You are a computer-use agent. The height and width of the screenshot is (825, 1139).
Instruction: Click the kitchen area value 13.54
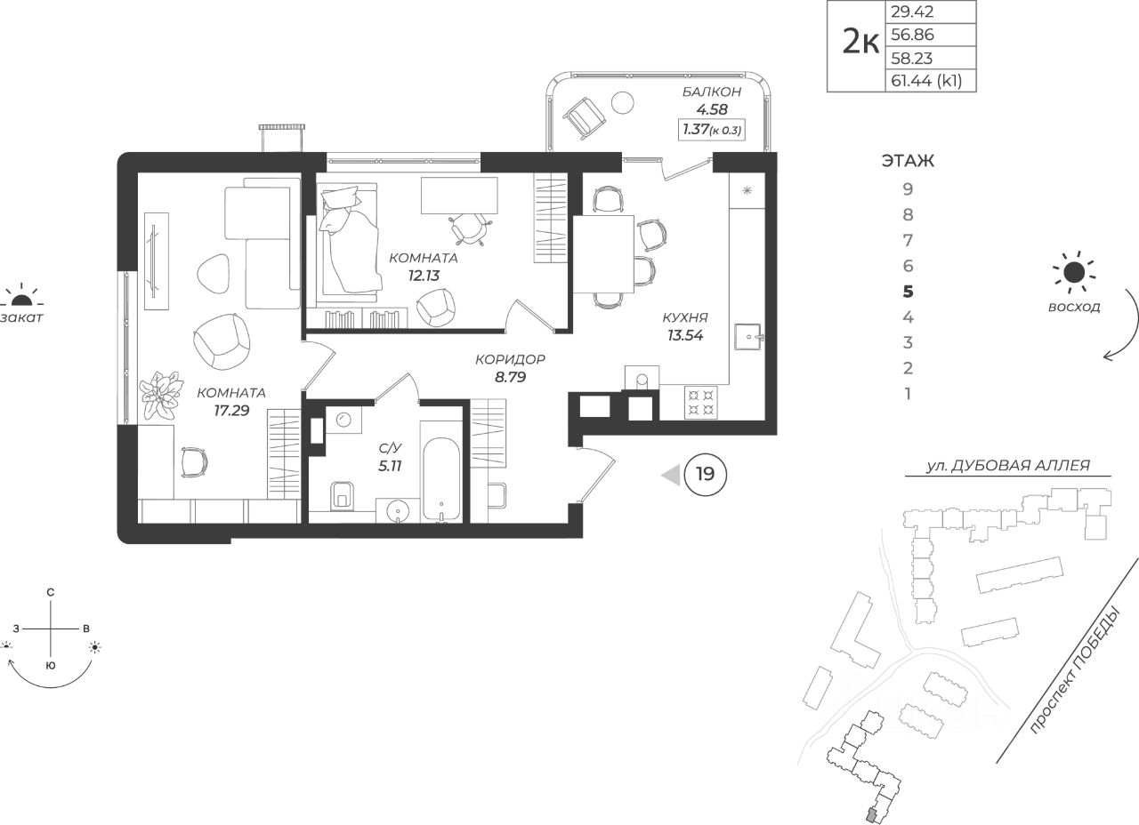[685, 335]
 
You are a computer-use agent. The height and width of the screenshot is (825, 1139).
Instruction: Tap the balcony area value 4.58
[712, 109]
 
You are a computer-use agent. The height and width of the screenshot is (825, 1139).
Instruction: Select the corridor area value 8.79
[510, 377]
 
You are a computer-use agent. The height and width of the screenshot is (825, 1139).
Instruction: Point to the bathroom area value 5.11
[390, 465]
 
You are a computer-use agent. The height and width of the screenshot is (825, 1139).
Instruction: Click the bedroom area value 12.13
[424, 276]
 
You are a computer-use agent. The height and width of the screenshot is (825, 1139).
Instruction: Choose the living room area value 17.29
[231, 411]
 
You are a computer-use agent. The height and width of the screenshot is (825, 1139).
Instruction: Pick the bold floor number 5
[908, 291]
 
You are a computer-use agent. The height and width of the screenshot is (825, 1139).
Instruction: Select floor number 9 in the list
[908, 189]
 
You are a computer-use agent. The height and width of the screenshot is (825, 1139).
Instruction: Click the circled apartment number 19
[706, 475]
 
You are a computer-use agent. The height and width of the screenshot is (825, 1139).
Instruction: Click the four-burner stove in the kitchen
[700, 403]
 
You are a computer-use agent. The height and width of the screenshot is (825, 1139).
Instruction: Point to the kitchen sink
[747, 336]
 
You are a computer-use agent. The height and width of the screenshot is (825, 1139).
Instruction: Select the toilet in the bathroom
[343, 495]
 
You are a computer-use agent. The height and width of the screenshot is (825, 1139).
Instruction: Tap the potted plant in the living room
[161, 395]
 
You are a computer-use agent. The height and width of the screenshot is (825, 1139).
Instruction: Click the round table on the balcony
[622, 103]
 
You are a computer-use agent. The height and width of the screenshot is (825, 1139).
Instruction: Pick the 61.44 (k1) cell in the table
[926, 80]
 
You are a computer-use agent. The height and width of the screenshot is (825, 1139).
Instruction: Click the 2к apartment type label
[860, 42]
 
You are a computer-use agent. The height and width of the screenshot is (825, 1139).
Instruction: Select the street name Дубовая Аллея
[1007, 465]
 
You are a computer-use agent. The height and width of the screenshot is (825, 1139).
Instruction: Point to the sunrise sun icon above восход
[1074, 273]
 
